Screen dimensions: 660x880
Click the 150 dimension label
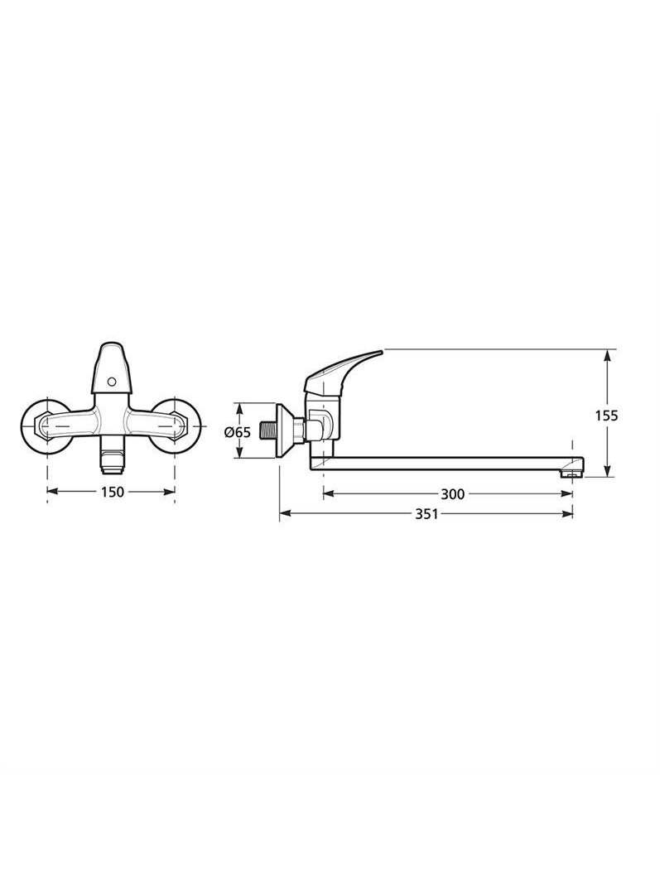[x=113, y=492]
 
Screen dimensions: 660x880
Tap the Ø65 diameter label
[x=237, y=432]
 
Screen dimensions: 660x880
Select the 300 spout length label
[x=452, y=494]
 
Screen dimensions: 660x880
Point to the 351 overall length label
[x=426, y=513]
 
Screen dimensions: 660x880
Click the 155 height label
[x=606, y=416]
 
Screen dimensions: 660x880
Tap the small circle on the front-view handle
[x=111, y=382]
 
